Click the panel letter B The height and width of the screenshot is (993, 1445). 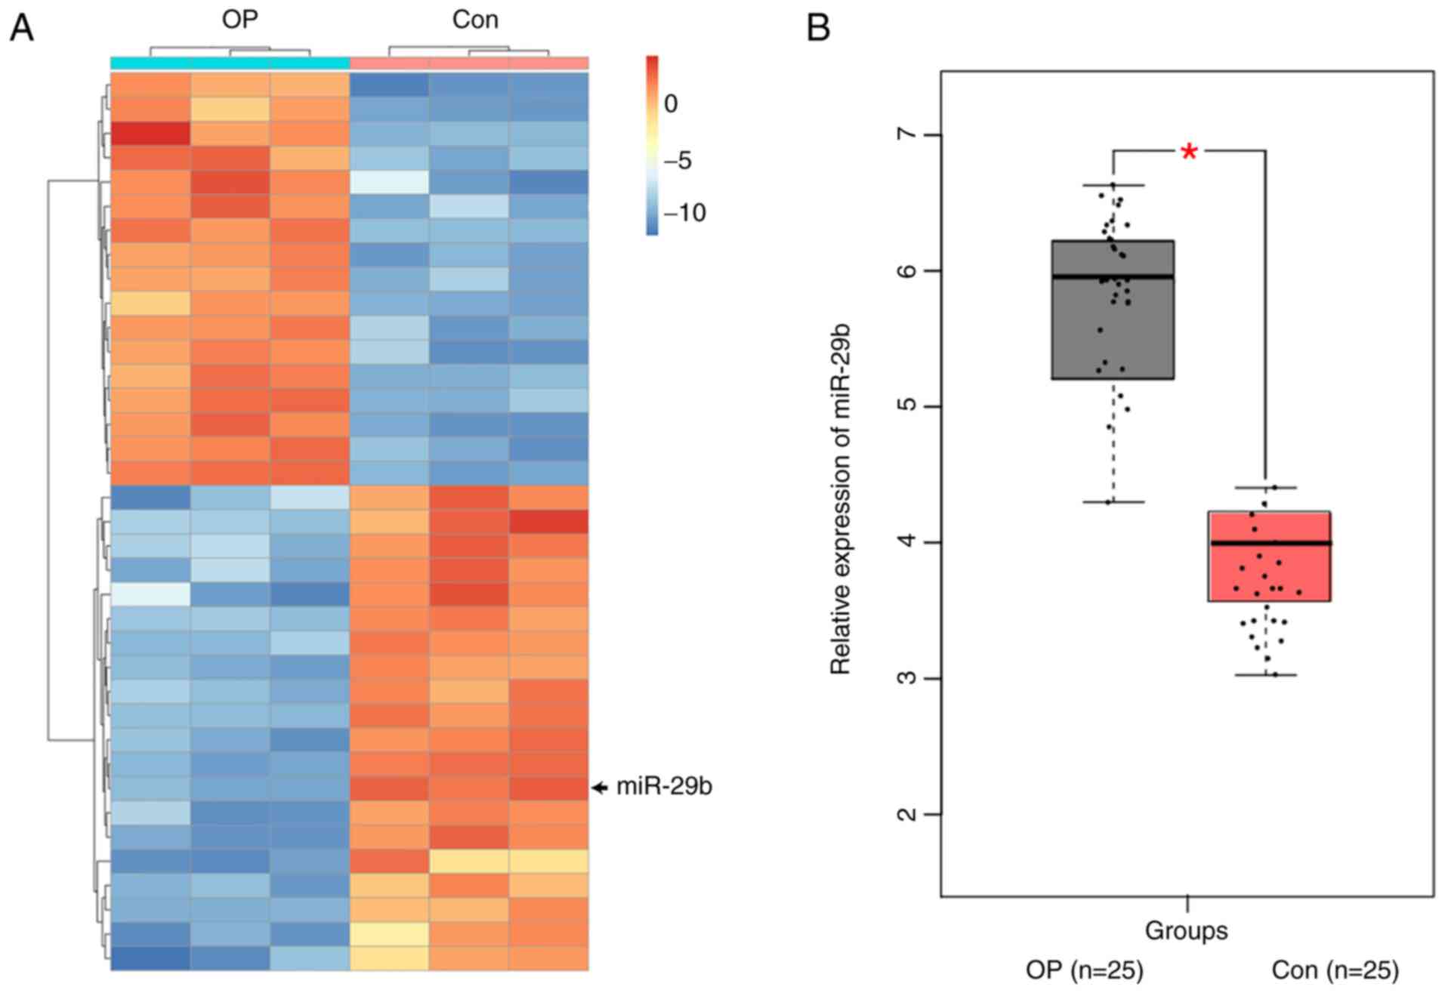coord(818,29)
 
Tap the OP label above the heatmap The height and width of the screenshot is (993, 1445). coord(239,20)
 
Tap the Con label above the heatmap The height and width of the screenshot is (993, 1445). coord(475,20)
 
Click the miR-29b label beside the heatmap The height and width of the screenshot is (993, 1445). coord(664,787)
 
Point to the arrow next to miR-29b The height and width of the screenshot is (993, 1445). coord(600,788)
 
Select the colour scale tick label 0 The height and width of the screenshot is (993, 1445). coord(671,103)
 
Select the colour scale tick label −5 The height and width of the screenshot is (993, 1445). coord(677,160)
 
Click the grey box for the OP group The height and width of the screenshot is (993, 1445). coord(1113,310)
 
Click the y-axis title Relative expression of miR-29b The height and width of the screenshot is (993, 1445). coord(841,498)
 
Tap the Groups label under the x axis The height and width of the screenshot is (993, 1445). coord(1186,930)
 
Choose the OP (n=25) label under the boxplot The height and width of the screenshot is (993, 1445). coord(1084,970)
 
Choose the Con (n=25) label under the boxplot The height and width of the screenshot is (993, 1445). coord(1335,970)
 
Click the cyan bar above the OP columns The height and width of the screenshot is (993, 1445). coord(230,63)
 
